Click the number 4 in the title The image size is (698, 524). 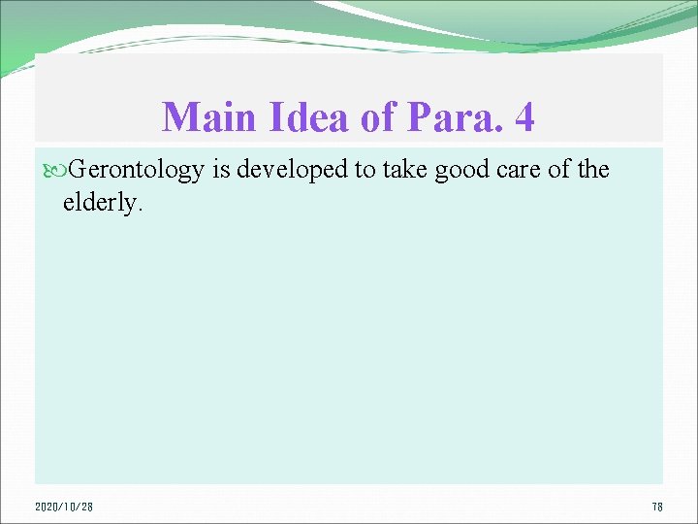click(523, 117)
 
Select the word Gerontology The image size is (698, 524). click(135, 170)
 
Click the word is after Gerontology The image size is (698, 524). click(220, 170)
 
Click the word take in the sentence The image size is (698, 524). click(393, 170)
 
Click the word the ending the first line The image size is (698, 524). click(589, 170)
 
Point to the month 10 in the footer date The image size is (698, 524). click(72, 507)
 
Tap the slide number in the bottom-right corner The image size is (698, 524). click(656, 507)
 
